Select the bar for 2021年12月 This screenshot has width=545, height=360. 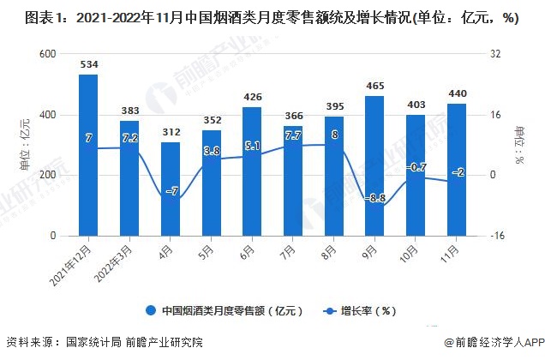coord(88,155)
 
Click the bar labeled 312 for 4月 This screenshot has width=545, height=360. coord(171,189)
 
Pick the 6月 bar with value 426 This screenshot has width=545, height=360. coord(252,171)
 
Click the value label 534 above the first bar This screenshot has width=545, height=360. coord(88,64)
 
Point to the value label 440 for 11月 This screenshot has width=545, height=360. coord(456,93)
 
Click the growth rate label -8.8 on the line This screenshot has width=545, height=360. coord(374,199)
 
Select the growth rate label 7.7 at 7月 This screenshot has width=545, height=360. coord(292,135)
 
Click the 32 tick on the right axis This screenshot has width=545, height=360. coord(494,54)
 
